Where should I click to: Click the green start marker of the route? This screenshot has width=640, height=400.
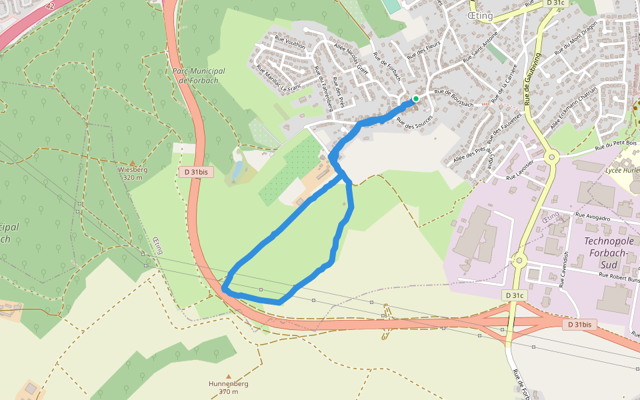pyautogui.click(x=415, y=99)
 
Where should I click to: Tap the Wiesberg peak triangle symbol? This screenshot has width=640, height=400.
pyautogui.click(x=132, y=163)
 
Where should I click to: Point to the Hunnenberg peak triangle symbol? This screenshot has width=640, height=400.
pyautogui.click(x=229, y=377)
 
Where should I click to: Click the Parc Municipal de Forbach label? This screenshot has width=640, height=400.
pyautogui.click(x=198, y=76)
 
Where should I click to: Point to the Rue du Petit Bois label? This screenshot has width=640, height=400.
pyautogui.click(x=617, y=143)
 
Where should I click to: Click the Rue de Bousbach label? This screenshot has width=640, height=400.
pyautogui.click(x=454, y=99)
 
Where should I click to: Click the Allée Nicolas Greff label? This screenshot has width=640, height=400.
pyautogui.click(x=353, y=60)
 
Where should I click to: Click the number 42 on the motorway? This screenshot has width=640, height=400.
pyautogui.click(x=51, y=5)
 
